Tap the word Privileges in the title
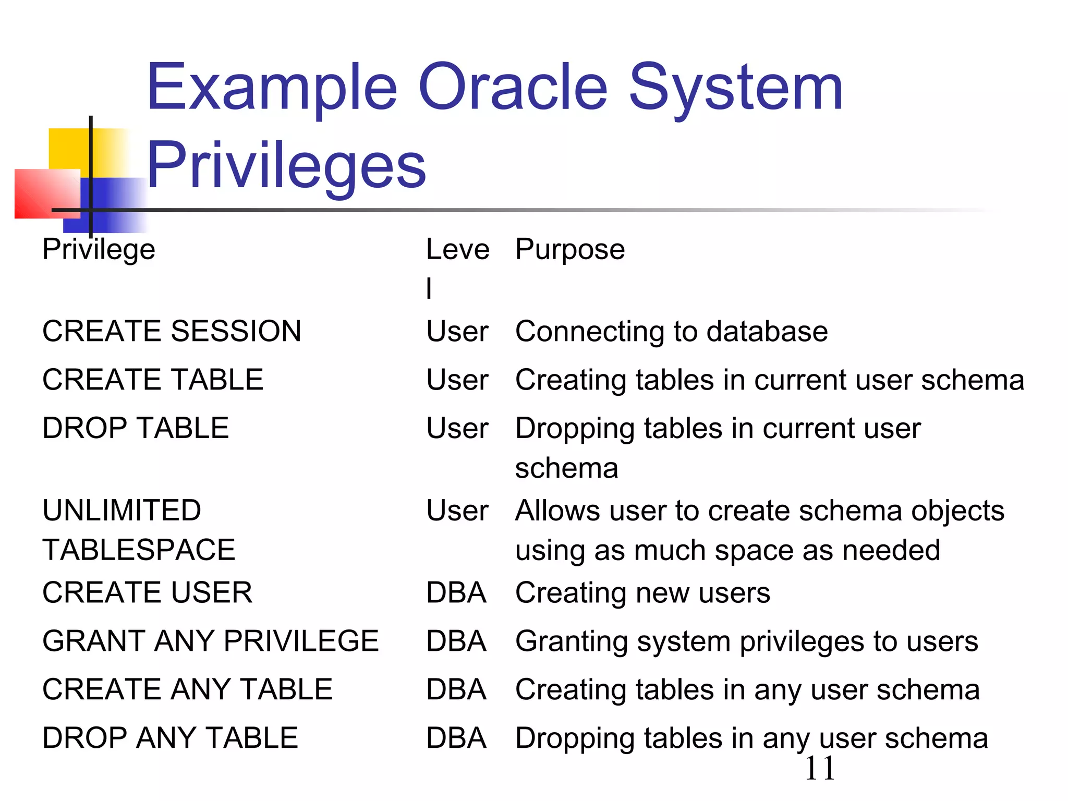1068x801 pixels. click(x=286, y=166)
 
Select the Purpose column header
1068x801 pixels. click(x=570, y=249)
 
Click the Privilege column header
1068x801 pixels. click(x=99, y=249)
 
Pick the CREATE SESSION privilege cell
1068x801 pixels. click(x=172, y=331)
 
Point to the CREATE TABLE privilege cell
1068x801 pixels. click(x=153, y=380)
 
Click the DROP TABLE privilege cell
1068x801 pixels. click(x=136, y=428)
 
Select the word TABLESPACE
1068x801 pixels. click(x=139, y=550)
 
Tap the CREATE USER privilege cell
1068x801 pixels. click(x=147, y=592)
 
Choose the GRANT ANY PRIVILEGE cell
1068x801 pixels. click(x=210, y=641)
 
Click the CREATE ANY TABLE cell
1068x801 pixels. click(x=187, y=689)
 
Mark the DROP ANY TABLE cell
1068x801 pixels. click(x=170, y=738)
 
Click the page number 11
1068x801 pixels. click(x=820, y=769)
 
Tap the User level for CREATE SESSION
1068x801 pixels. click(x=457, y=332)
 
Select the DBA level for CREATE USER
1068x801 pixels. click(x=456, y=593)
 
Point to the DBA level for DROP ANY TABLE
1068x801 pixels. click(x=456, y=738)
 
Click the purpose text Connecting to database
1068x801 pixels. click(x=671, y=332)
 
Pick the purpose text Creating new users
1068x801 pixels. click(x=642, y=593)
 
